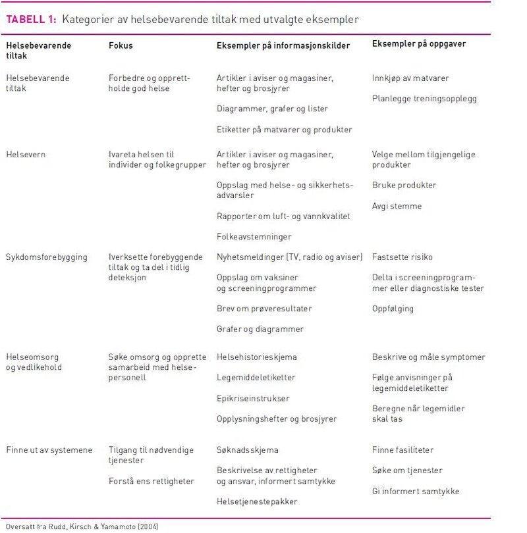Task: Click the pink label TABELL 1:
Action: point(31,20)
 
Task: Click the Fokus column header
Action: point(121,45)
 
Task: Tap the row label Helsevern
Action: point(26,155)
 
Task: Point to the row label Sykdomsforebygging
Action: point(46,257)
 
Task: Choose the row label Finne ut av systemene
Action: point(49,450)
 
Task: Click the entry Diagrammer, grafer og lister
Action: point(272,109)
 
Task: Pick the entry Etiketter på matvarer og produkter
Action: point(284,130)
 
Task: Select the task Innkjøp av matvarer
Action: point(410,78)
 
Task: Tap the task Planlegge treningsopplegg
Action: point(424,99)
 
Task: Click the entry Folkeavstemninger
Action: point(254,236)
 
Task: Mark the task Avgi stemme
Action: point(397,206)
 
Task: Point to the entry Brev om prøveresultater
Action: point(264,309)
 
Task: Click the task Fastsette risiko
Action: point(402,257)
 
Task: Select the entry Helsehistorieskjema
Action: point(256,357)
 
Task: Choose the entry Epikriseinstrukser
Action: point(253,398)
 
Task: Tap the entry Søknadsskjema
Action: point(247,450)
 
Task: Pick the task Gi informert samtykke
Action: point(416,491)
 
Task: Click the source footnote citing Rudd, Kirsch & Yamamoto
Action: point(82,526)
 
